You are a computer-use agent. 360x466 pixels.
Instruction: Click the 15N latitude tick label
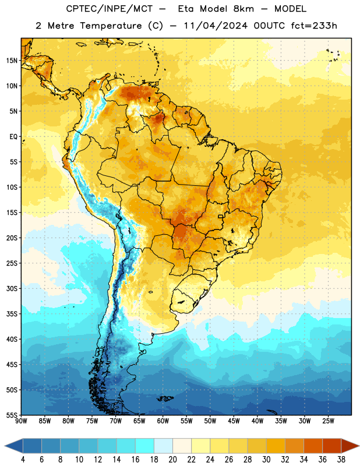tap(12, 61)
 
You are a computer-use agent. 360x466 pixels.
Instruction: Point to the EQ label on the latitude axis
tap(13, 137)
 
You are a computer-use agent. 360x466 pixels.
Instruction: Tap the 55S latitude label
tap(12, 415)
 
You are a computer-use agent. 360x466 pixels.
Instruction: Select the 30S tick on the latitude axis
tap(12, 288)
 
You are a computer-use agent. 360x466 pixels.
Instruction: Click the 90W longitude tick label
tap(21, 421)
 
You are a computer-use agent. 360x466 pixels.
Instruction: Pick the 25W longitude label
tap(328, 421)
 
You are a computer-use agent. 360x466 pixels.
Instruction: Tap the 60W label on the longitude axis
tap(163, 421)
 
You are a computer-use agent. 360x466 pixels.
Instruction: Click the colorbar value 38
tap(341, 460)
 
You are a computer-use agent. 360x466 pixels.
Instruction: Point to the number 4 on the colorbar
tap(23, 460)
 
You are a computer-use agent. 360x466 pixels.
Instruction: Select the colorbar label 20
tap(172, 460)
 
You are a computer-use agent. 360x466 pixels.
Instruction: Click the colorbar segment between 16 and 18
tap(145, 446)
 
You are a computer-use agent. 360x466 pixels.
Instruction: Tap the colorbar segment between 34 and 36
tap(313, 446)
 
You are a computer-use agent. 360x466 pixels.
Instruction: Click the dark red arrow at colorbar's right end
tap(350, 446)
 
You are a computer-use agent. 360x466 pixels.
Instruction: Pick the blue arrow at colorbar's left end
tap(14, 446)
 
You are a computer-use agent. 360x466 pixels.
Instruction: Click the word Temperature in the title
tap(111, 26)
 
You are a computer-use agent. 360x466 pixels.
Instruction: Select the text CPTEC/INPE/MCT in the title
tap(110, 9)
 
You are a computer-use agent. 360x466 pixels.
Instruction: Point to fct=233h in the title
tap(314, 26)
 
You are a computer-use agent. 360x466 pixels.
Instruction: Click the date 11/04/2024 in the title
tap(216, 26)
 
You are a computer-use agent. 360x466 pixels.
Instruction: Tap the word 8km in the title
tap(243, 9)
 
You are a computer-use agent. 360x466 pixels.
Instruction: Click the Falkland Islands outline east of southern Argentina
tap(165, 398)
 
